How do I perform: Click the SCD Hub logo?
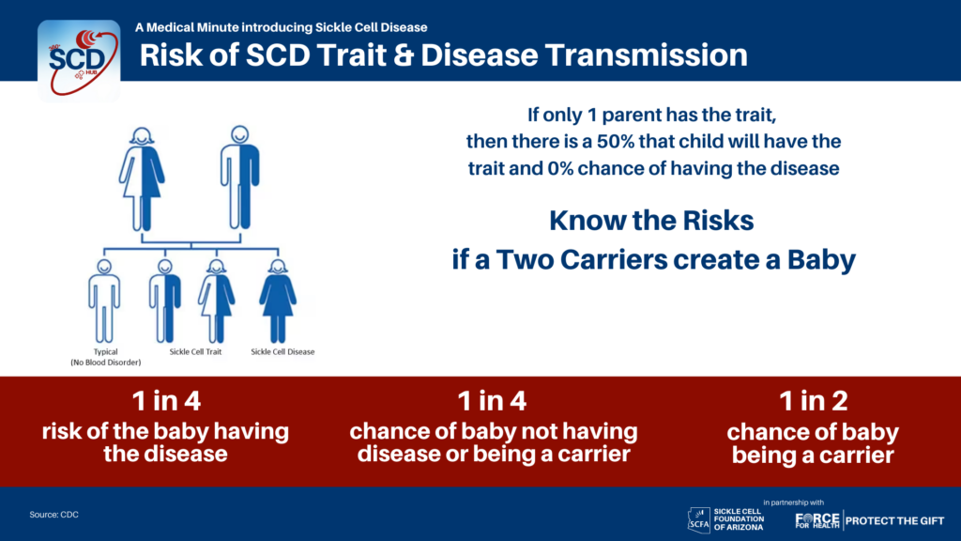[79, 61]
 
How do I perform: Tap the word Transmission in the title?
[647, 54]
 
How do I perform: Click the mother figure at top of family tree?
[142, 178]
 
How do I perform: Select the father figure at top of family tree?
[239, 178]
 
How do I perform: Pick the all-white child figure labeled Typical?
[104, 301]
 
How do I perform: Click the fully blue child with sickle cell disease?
[278, 301]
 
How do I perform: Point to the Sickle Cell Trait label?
[195, 351]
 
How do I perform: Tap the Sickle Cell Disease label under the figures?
[282, 351]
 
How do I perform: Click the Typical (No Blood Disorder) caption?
[105, 357]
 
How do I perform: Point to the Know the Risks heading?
[651, 221]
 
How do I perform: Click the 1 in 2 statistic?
[814, 401]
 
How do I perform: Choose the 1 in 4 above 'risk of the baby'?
[166, 401]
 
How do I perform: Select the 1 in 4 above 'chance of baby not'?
[492, 401]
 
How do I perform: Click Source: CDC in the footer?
[53, 515]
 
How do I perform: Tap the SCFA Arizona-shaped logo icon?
[698, 518]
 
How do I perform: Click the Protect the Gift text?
[895, 520]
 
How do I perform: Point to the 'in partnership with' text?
[794, 502]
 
